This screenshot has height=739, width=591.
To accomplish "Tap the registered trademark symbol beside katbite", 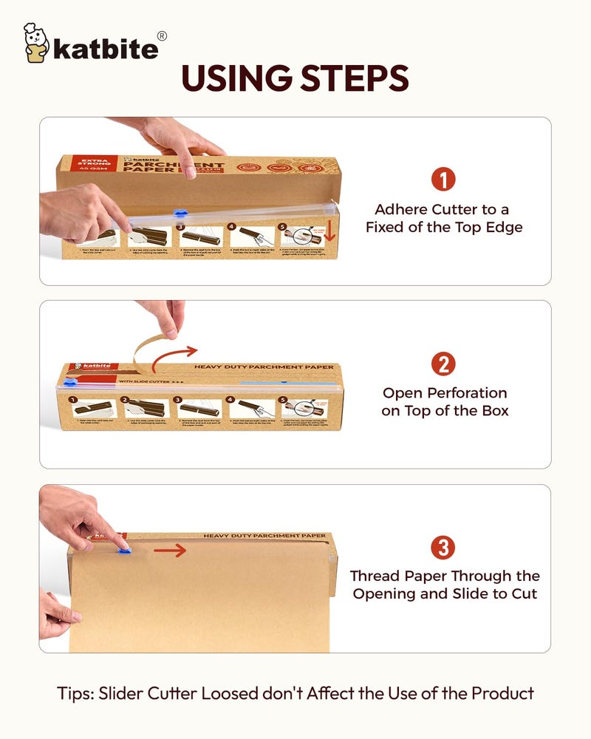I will click(162, 35).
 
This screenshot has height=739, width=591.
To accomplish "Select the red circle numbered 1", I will click(443, 180).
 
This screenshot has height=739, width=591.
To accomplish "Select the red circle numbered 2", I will click(443, 364).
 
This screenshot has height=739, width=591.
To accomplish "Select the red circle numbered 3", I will click(443, 548).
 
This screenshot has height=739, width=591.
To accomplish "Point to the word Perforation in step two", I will click(464, 392).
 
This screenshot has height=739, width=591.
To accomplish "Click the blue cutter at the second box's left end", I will click(69, 384).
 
